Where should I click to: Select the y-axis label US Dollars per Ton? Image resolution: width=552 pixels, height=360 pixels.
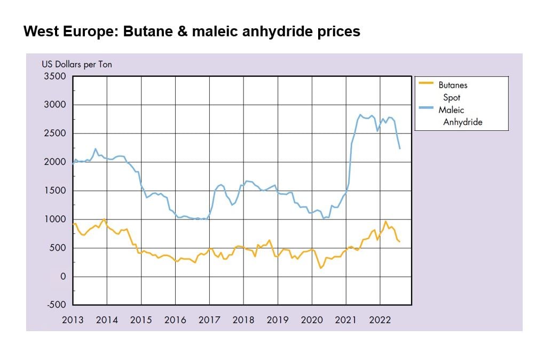coord(77,65)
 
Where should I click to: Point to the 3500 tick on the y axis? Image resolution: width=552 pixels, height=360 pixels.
coord(55,76)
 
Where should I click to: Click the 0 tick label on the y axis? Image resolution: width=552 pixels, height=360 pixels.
coord(62,277)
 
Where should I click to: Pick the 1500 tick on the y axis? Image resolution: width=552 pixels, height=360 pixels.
coord(55,191)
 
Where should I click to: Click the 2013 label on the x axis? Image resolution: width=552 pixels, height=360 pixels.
coord(73,320)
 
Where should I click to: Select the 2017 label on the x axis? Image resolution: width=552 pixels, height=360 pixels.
coord(209,320)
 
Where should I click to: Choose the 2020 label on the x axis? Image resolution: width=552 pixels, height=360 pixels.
coord(312,320)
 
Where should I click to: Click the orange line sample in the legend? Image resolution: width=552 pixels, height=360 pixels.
coord(426,83)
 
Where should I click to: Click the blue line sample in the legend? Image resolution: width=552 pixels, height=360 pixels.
coord(426,109)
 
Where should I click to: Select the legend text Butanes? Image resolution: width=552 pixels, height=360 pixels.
coord(453,84)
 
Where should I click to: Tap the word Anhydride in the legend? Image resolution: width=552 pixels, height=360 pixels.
coord(462,122)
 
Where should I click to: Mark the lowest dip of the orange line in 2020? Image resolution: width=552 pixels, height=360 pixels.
coord(320,268)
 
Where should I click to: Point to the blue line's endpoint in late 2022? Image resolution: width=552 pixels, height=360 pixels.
coord(400,148)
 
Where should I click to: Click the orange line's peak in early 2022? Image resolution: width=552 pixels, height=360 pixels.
coord(385,221)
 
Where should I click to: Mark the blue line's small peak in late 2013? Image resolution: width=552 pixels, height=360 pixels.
coord(95,149)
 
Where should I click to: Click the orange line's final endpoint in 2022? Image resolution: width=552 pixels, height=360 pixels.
coord(400,242)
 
